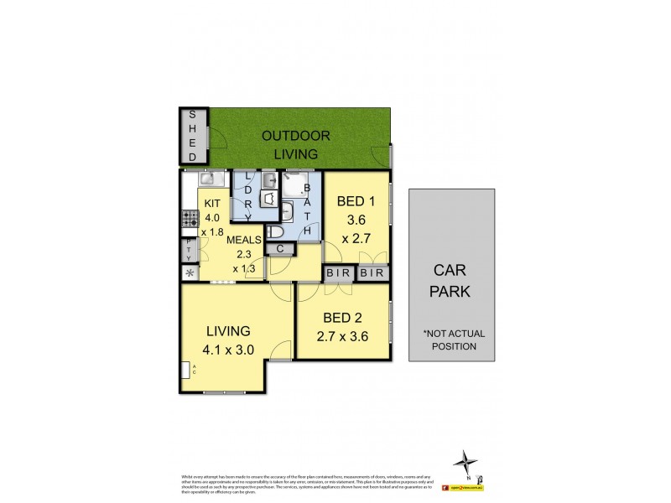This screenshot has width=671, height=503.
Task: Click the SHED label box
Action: (x=192, y=136)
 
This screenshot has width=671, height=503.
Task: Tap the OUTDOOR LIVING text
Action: (x=295, y=144)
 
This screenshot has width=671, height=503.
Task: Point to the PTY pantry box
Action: (x=189, y=250)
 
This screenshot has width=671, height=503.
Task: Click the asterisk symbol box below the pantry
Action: (x=190, y=273)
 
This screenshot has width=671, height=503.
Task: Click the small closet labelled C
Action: (x=279, y=248)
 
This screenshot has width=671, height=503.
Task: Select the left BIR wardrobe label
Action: (x=338, y=273)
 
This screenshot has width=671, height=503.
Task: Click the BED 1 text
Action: (x=356, y=201)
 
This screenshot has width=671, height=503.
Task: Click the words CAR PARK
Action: (x=452, y=282)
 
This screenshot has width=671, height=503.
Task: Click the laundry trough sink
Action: (x=269, y=179)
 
